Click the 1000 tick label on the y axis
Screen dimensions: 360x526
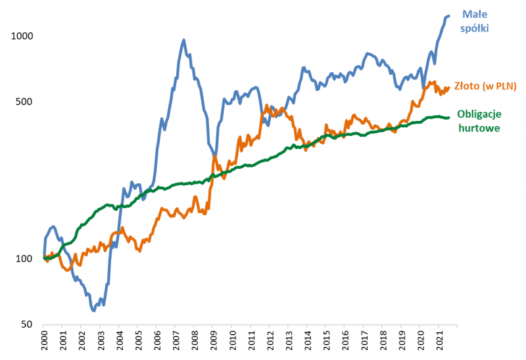(x=22, y=37)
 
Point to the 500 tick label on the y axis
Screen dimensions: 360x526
(x=24, y=102)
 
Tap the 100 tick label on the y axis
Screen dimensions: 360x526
(x=24, y=259)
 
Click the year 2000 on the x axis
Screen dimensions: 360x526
(x=43, y=342)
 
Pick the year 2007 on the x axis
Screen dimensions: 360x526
(x=176, y=342)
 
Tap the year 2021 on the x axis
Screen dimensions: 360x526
(x=440, y=342)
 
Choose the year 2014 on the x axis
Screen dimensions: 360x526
(x=308, y=342)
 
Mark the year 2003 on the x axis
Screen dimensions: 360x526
(x=100, y=342)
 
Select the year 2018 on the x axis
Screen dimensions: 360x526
(x=383, y=342)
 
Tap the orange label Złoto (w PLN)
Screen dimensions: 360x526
(x=485, y=87)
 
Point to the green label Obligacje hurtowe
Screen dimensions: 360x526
(x=479, y=120)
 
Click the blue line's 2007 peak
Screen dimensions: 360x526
(x=183, y=40)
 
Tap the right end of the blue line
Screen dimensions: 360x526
(x=448, y=16)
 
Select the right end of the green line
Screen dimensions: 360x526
(x=448, y=118)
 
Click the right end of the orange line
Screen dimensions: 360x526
(x=448, y=87)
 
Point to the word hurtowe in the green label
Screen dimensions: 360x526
(x=479, y=128)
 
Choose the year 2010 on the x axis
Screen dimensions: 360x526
(x=232, y=342)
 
